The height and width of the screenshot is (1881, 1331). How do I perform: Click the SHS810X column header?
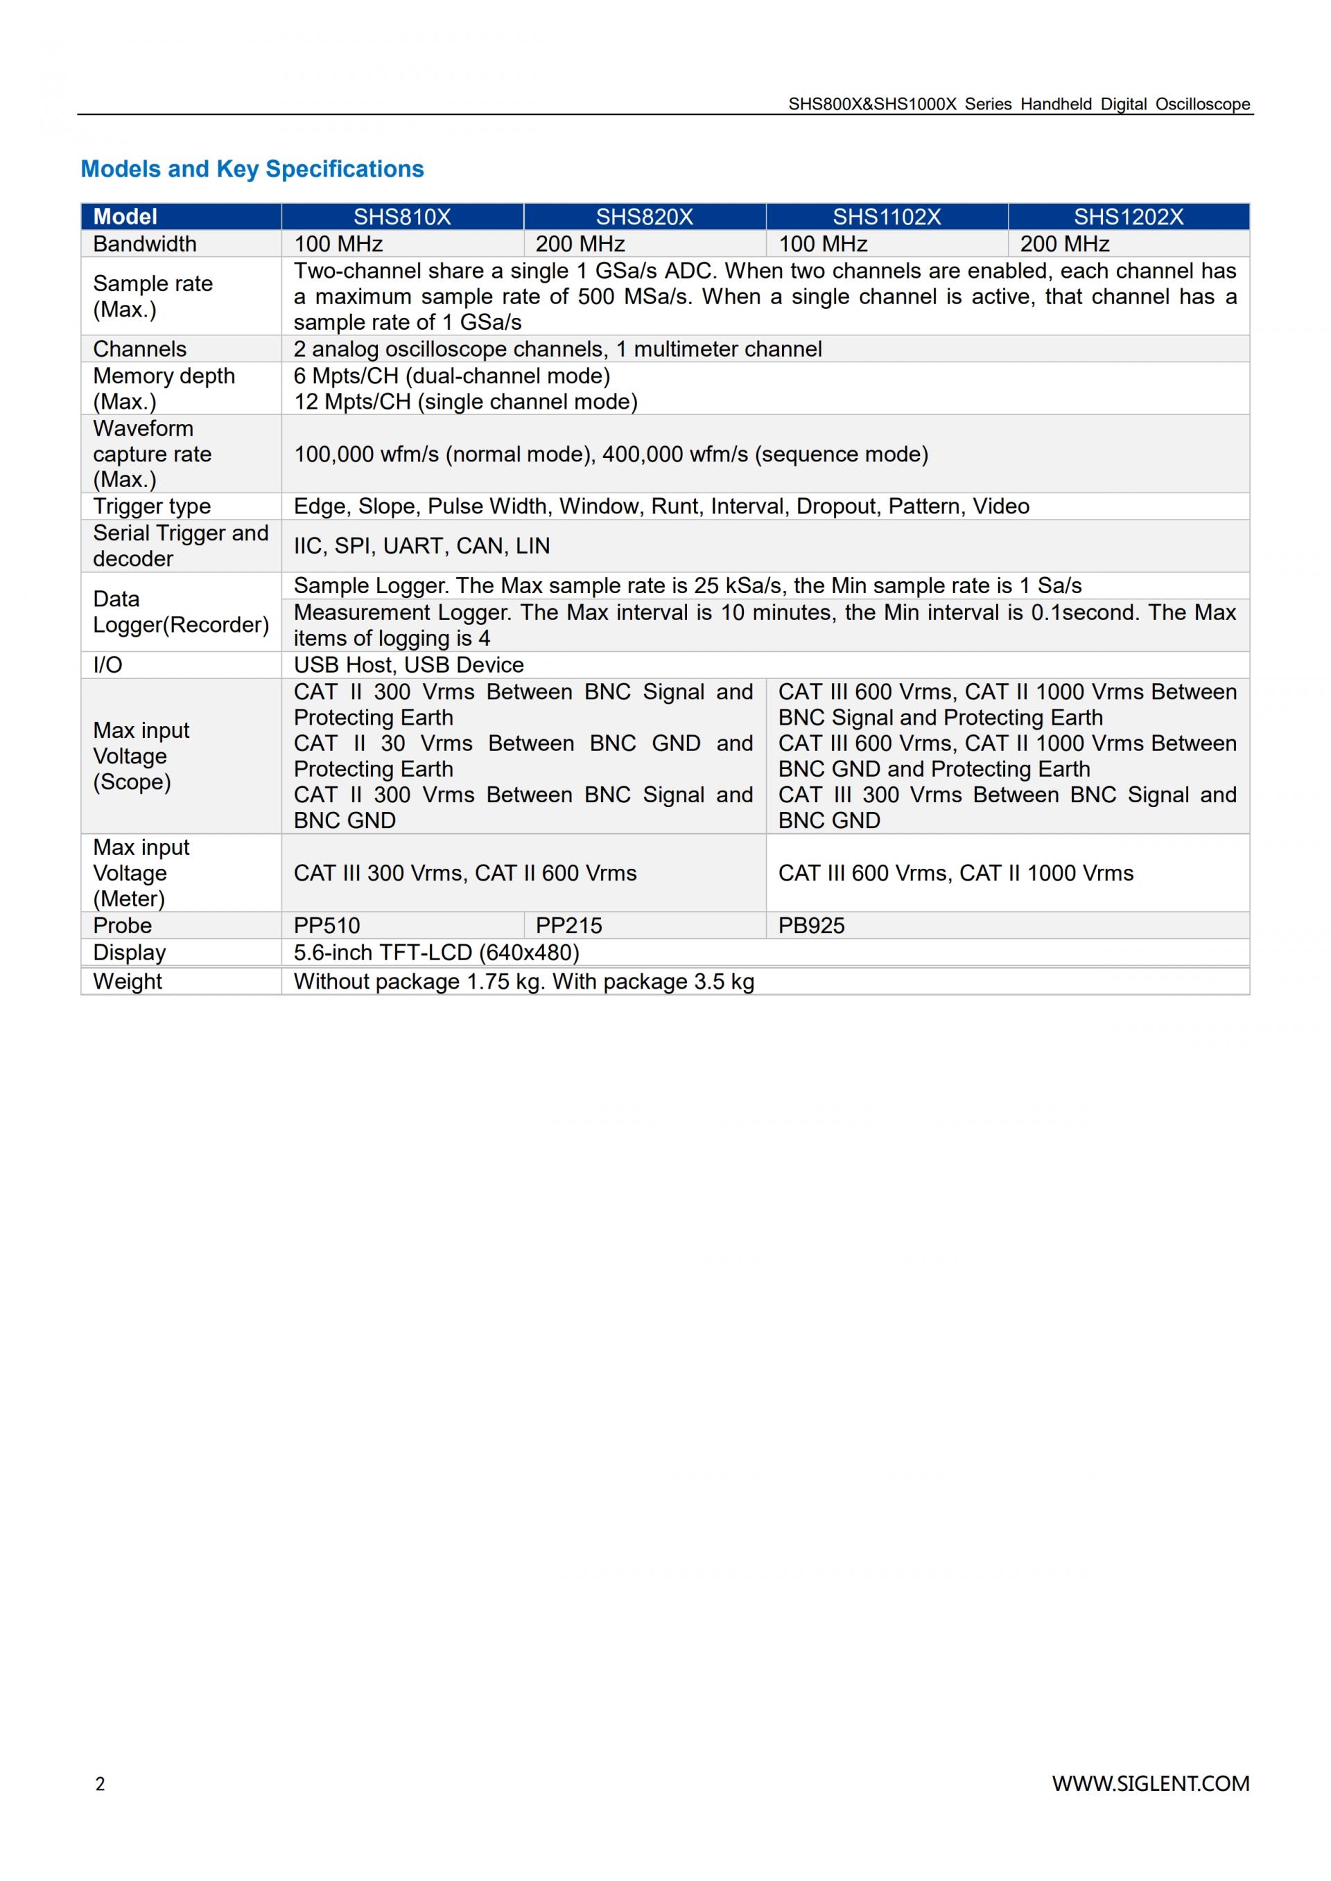[401, 216]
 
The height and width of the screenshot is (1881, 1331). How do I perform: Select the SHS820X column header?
[644, 216]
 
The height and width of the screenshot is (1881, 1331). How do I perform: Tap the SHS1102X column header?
[887, 216]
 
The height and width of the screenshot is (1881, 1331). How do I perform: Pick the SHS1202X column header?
[1129, 216]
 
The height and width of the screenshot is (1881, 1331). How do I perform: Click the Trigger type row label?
[152, 506]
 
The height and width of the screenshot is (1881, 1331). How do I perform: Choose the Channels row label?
[140, 348]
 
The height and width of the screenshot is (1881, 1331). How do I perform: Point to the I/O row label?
[107, 664]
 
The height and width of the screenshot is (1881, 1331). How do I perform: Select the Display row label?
[130, 952]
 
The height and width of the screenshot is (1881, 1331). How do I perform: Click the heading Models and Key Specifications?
[252, 169]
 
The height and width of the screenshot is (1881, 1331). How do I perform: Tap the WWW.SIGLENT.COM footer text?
[1151, 1783]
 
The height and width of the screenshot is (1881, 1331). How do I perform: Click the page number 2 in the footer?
[100, 1784]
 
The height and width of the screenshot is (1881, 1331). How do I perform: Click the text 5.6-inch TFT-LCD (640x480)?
[436, 952]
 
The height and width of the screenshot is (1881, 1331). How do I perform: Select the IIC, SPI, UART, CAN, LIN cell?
[421, 546]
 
